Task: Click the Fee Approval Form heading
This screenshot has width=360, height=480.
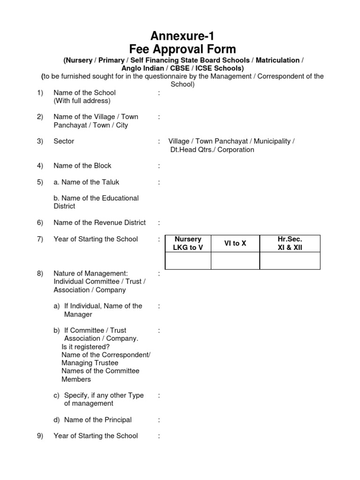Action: click(183, 49)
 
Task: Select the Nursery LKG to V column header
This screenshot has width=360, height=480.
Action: click(187, 243)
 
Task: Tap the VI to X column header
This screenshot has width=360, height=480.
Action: click(235, 243)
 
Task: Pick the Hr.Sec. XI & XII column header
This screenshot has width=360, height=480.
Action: click(290, 243)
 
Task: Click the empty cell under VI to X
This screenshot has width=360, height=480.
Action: click(235, 261)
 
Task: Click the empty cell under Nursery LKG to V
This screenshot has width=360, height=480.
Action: click(187, 261)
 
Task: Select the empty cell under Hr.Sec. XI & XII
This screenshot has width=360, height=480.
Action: click(290, 261)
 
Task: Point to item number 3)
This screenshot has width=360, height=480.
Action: click(40, 141)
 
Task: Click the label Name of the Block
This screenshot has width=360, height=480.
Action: click(82, 165)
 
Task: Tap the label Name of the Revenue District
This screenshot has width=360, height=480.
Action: click(100, 223)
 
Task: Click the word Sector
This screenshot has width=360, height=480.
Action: click(64, 141)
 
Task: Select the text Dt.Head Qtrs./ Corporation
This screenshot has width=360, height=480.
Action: click(212, 150)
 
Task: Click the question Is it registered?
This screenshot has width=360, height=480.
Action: click(86, 346)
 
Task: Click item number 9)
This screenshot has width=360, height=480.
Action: click(40, 436)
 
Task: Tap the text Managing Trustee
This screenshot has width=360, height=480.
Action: click(90, 363)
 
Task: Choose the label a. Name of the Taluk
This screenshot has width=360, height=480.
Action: click(87, 182)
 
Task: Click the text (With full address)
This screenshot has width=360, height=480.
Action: click(82, 101)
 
